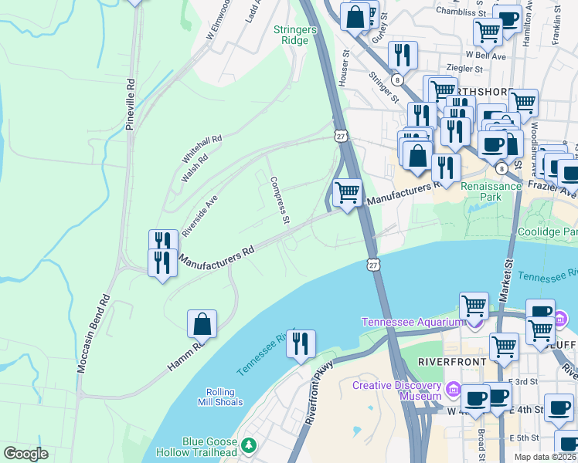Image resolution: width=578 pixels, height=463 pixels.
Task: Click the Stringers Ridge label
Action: pyautogui.click(x=295, y=35)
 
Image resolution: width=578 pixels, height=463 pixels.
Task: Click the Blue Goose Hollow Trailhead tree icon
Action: pyautogui.click(x=249, y=445)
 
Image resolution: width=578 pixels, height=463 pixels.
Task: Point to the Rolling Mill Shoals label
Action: pyautogui.click(x=225, y=397)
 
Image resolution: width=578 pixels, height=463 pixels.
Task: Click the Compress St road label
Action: pyautogui.click(x=279, y=201)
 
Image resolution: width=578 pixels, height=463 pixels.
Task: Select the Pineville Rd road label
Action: pyautogui.click(x=131, y=103)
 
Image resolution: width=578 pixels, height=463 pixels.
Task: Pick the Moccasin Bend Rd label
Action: pyautogui.click(x=93, y=334)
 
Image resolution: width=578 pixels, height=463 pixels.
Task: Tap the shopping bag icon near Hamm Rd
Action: pyautogui.click(x=202, y=325)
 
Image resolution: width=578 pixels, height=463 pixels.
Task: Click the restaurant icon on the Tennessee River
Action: pyautogui.click(x=301, y=344)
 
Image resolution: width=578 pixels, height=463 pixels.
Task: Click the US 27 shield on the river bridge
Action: pyautogui.click(x=373, y=265)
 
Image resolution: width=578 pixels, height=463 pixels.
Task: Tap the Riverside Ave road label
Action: pyautogui.click(x=200, y=215)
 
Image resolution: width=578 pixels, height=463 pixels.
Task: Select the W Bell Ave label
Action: pyautogui.click(x=485, y=56)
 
